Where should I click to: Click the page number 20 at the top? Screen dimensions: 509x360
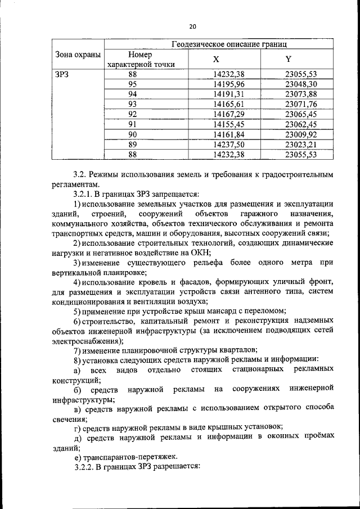tap(192, 26)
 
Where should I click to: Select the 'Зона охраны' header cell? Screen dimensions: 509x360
tap(78, 55)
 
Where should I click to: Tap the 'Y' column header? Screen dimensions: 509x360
tap(289, 59)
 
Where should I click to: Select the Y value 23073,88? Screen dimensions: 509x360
tap(301, 94)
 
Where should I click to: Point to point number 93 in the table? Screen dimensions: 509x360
tap(133, 103)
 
